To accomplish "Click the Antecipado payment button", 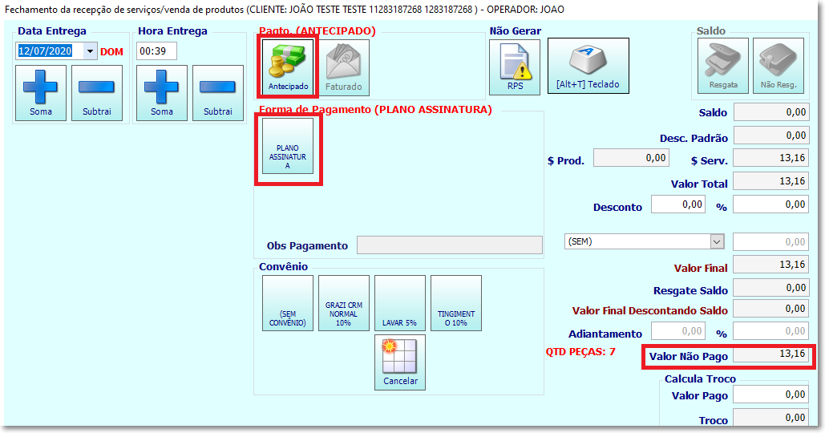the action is click(x=288, y=67).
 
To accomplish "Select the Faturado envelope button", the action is click(x=344, y=67).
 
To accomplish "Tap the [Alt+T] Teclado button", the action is click(x=588, y=66).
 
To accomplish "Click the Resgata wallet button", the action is click(x=723, y=66).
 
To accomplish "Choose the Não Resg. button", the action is click(x=778, y=66).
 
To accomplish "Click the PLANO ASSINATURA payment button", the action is click(x=288, y=146).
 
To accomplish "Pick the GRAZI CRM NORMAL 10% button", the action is click(x=344, y=303).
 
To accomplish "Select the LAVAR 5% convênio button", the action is click(x=400, y=303).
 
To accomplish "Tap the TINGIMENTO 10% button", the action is click(x=456, y=303).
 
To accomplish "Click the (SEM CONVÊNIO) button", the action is click(x=288, y=303).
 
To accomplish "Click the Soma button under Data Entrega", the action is click(x=41, y=93).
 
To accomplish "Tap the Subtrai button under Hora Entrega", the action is click(x=218, y=93).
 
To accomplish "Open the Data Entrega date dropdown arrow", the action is click(x=90, y=51).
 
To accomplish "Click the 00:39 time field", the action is click(x=157, y=51).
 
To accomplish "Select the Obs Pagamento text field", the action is click(x=449, y=245).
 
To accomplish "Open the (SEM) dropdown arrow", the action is click(x=717, y=241).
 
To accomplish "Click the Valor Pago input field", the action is click(x=770, y=395).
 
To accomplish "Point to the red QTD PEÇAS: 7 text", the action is click(x=580, y=351).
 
